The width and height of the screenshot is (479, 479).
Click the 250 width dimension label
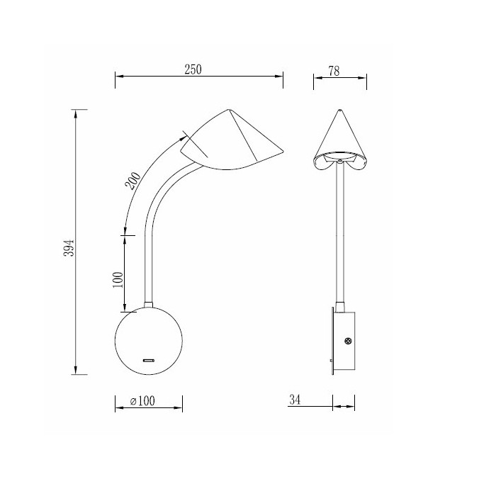(193, 69)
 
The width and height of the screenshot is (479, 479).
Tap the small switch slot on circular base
(150, 361)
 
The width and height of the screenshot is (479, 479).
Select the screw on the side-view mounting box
(348, 342)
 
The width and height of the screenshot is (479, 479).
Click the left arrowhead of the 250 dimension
(118, 77)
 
